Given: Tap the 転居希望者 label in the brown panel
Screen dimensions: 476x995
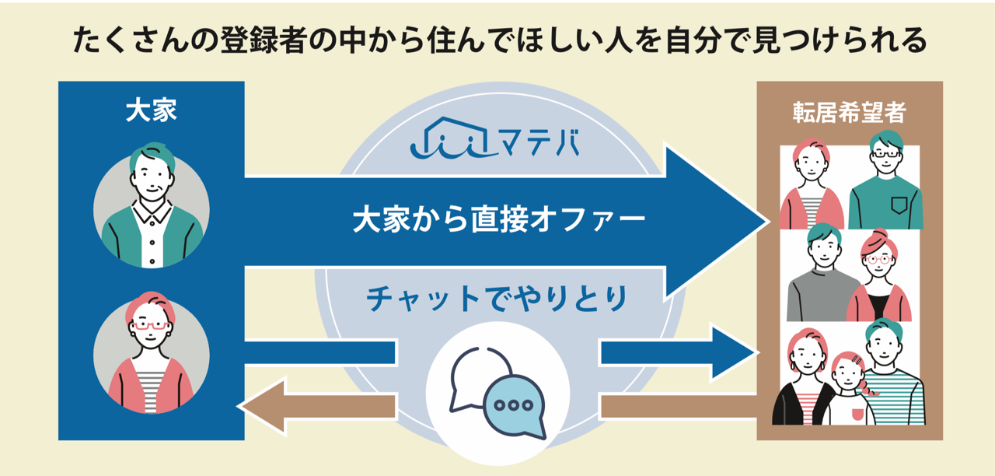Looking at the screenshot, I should [849, 113].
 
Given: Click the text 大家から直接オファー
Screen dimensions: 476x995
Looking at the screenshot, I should [498, 220].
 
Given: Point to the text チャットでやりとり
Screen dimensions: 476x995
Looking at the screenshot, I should [497, 299].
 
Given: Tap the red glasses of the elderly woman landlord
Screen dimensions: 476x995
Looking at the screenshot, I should [151, 325].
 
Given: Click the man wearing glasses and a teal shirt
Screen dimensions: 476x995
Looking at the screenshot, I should [885, 183].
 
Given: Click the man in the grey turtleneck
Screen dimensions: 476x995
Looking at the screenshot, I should [821, 272].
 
